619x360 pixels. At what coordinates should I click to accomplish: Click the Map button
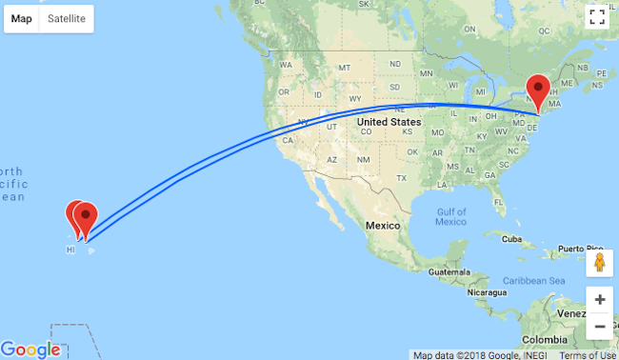coord(22,18)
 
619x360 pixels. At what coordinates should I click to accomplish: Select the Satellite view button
coord(67,18)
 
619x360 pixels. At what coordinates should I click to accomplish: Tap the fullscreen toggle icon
coord(597,17)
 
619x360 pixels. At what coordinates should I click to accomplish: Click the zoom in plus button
coord(599,299)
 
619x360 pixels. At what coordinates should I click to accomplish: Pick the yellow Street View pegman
coord(599,263)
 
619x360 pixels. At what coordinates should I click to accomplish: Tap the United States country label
coord(389,122)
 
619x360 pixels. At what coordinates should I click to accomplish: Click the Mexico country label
coord(387,225)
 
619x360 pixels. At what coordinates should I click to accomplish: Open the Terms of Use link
coord(588,355)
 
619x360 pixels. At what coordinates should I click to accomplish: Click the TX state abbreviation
coord(401,178)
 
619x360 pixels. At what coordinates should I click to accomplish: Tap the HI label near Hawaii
coord(70,250)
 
